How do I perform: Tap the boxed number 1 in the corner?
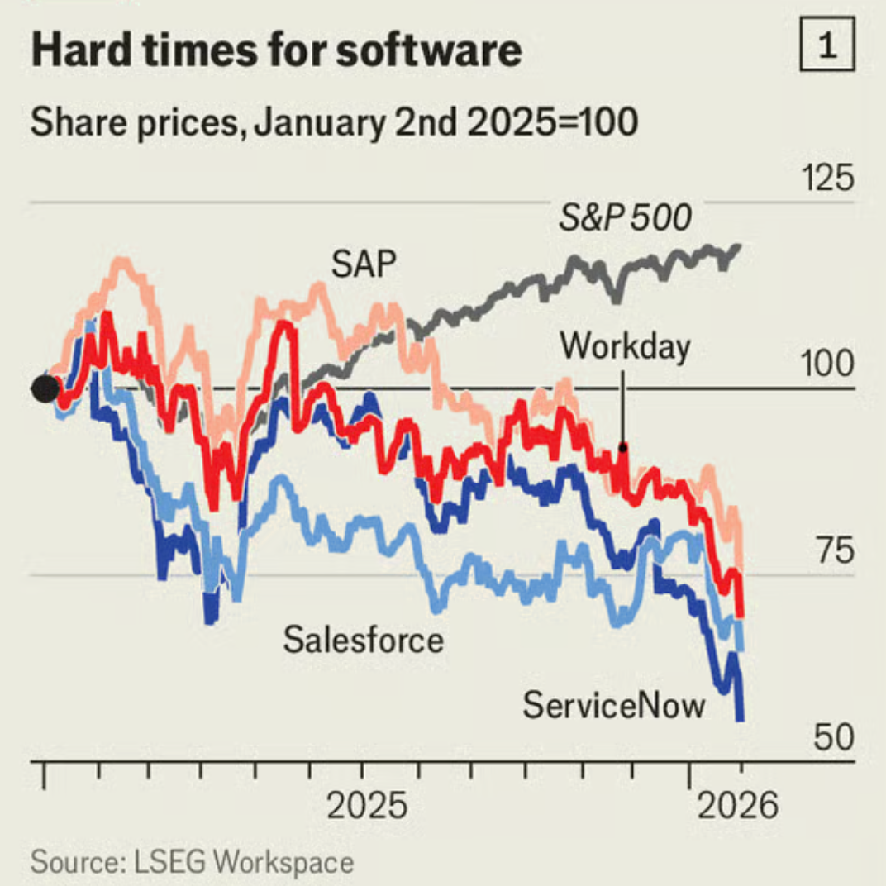[826, 49]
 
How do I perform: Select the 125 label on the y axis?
[828, 179]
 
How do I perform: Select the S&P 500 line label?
[625, 219]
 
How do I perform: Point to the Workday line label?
[625, 346]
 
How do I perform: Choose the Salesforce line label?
[363, 640]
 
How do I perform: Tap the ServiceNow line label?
[615, 706]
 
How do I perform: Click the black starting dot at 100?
[45, 388]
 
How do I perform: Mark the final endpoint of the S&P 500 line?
[738, 245]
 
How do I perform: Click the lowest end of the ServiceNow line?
[741, 719]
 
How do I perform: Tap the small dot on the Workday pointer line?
[624, 447]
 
